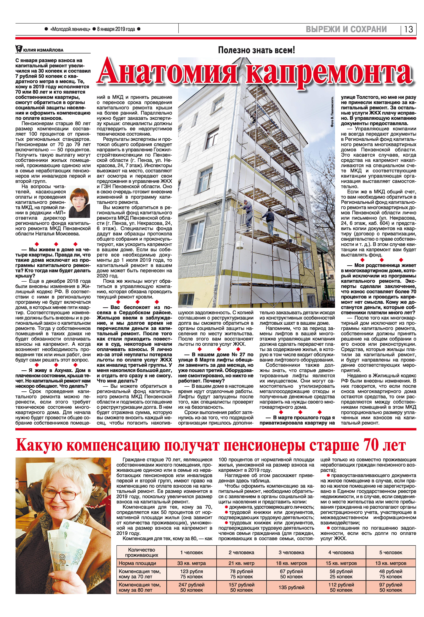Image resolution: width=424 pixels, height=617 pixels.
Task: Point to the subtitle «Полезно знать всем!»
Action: [256, 50]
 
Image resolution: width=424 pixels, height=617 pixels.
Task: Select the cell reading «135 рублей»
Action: [291, 587]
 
